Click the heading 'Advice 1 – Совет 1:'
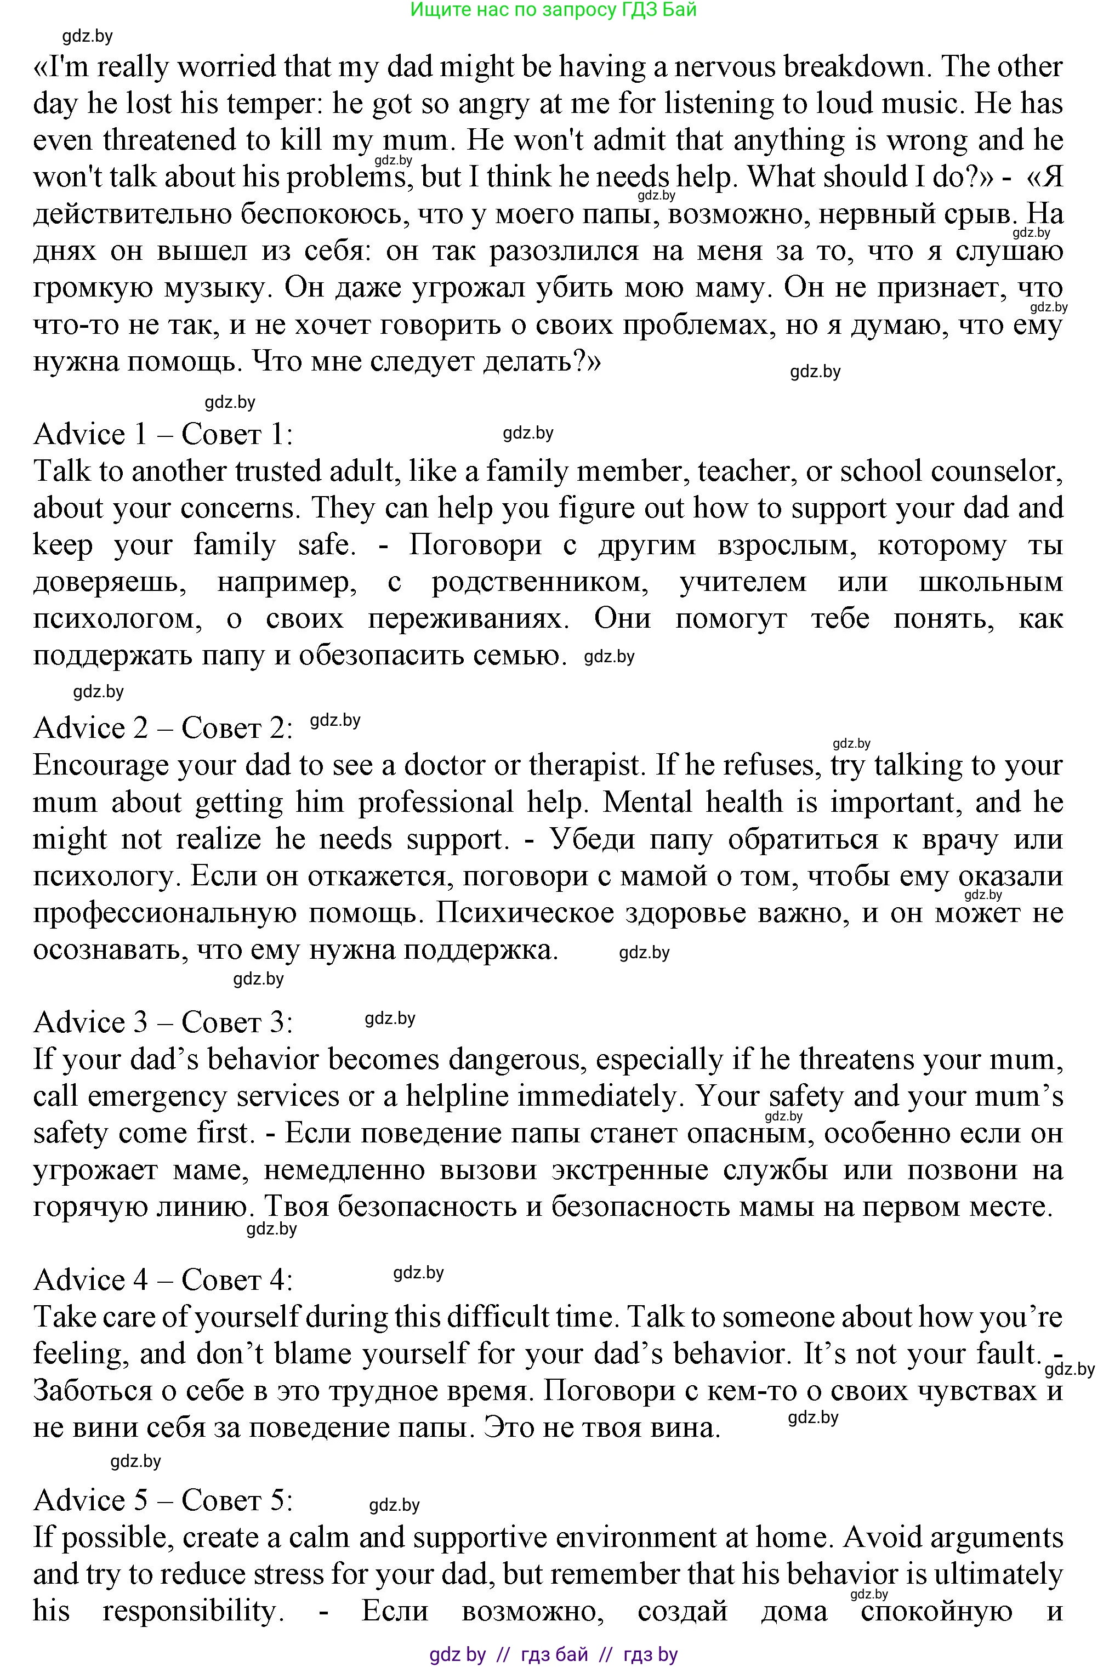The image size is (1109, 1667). tap(163, 434)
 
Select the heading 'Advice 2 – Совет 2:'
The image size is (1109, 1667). tap(163, 728)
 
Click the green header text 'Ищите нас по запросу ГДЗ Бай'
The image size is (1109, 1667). tap(553, 9)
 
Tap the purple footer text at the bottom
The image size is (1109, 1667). tap(553, 1654)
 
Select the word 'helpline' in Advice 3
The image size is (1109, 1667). tap(457, 1096)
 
